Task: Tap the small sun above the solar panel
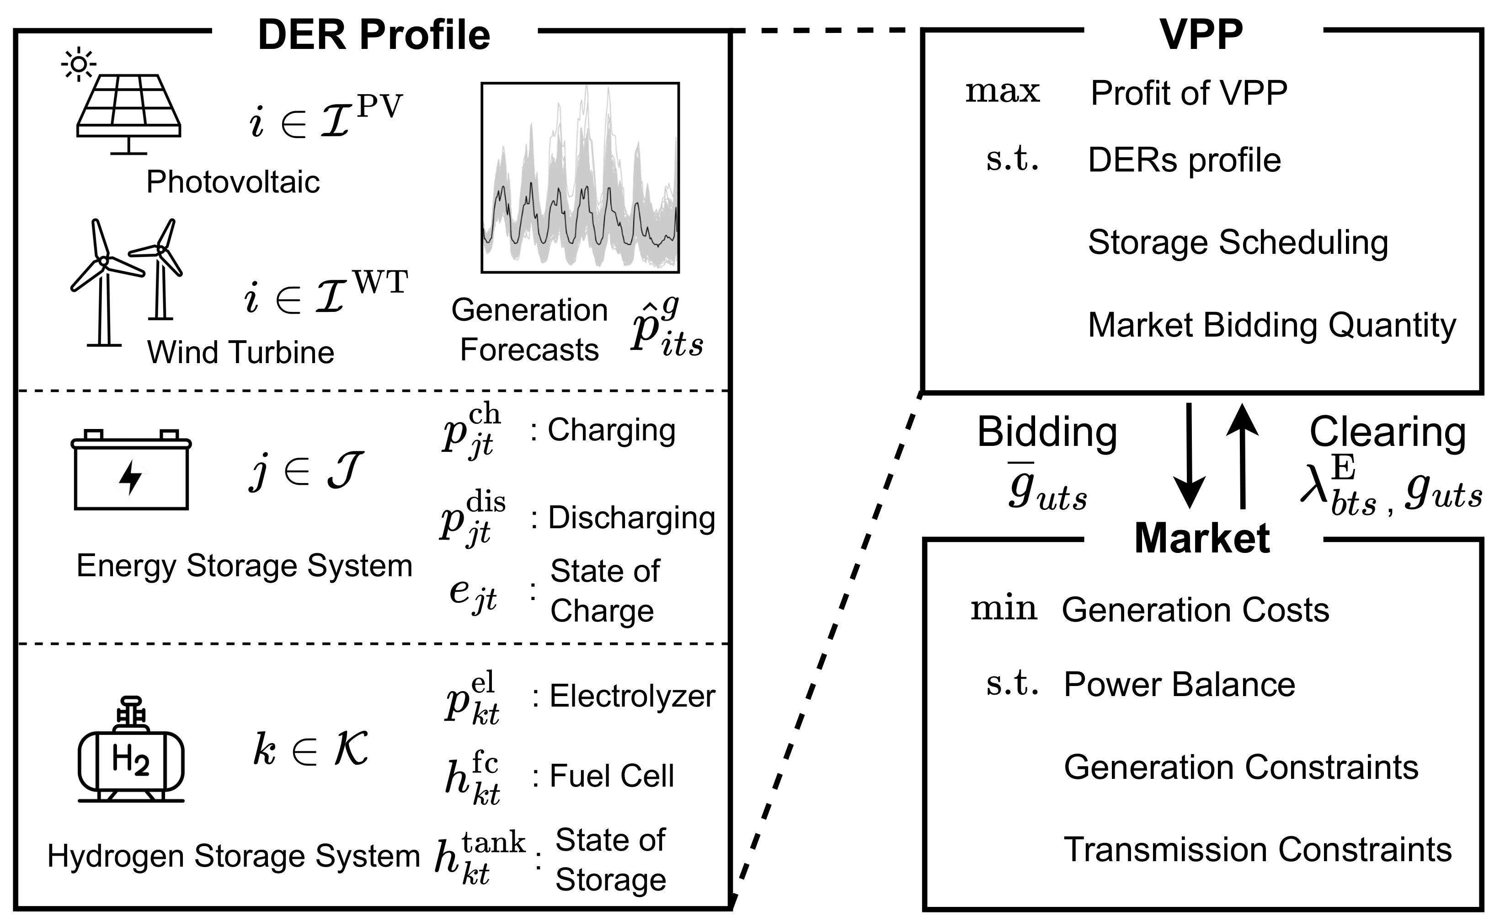[x=79, y=64]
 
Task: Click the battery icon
[x=131, y=470]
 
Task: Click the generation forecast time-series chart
[x=580, y=177]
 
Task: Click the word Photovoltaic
[x=233, y=182]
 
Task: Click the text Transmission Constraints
[x=1257, y=849]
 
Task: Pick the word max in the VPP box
[x=1003, y=91]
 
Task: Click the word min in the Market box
[x=1003, y=609]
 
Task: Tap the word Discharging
[x=631, y=518]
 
